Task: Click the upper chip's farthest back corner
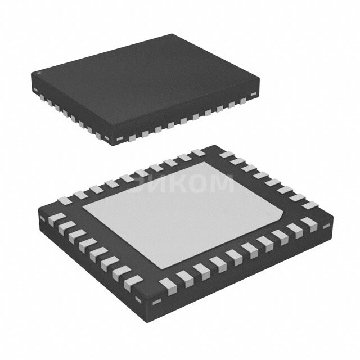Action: click(x=172, y=35)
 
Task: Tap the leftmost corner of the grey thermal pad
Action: click(x=83, y=210)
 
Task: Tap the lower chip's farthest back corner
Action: click(x=211, y=145)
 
